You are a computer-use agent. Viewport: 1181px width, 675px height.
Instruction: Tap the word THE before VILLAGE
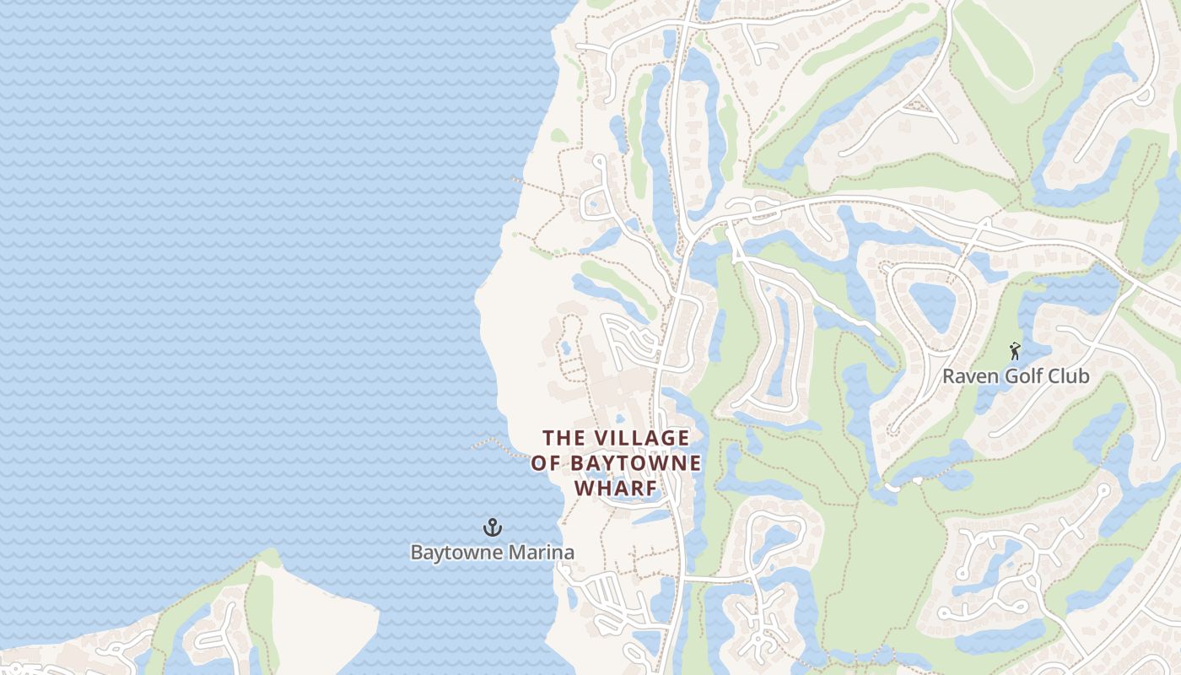tap(563, 438)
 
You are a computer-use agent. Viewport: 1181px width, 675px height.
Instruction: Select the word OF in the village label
tap(545, 463)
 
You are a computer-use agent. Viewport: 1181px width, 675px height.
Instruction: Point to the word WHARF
tap(615, 489)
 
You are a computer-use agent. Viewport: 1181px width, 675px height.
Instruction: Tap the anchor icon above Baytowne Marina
tap(492, 528)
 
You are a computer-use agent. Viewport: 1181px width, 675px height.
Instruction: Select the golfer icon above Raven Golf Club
tap(1015, 350)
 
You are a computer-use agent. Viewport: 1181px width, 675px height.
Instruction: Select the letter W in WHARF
tap(583, 489)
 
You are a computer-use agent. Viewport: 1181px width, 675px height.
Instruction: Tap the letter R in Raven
tap(948, 376)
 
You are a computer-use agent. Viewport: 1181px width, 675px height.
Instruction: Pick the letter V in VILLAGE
tap(601, 438)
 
